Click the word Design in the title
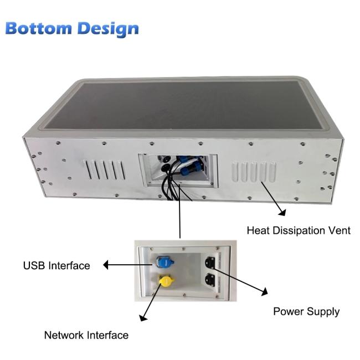[108, 30]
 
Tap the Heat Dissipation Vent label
[299, 230]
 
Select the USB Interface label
[56, 266]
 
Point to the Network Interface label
[86, 335]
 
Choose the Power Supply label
[306, 312]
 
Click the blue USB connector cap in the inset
[165, 262]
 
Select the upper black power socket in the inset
[210, 263]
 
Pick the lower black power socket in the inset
[210, 280]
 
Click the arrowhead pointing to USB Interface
[106, 265]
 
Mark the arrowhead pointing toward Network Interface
[143, 318]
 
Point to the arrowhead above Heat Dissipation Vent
[282, 212]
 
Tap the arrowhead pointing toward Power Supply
[265, 291]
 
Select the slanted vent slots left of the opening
[105, 169]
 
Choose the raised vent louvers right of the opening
[254, 172]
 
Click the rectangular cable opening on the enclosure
[178, 171]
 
